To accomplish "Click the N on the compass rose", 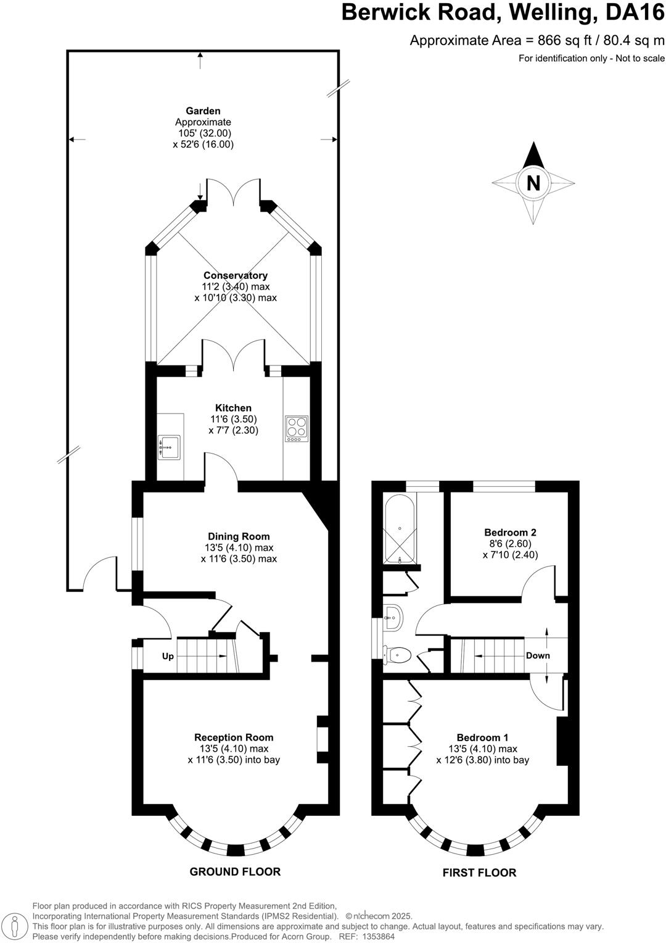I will coord(533,183).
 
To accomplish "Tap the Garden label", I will coord(203,111).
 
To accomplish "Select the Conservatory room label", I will coord(235,275).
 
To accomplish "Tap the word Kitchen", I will coord(233,408).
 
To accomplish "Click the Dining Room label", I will coord(239,536).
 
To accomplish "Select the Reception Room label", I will coord(234,737).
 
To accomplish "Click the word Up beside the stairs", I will coord(168,656).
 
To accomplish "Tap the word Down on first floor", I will coord(538,655).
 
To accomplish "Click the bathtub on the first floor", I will coord(400,529).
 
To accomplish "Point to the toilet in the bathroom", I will coord(398,654).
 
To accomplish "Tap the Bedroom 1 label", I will coord(482,737).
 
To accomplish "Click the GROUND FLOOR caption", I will coord(235,871).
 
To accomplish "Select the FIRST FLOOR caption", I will coord(479,873).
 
